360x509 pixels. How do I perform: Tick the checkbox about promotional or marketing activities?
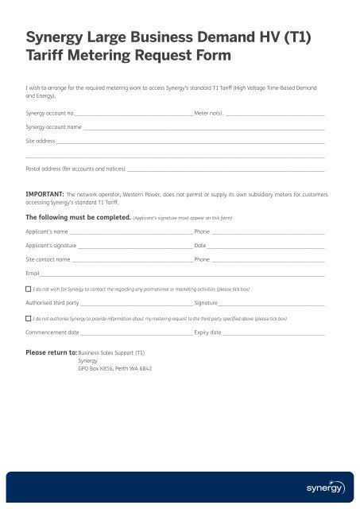pyautogui.click(x=29, y=289)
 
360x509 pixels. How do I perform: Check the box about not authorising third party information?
pyautogui.click(x=29, y=317)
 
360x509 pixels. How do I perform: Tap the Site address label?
pyautogui.click(x=40, y=140)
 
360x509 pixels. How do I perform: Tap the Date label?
pyautogui.click(x=200, y=246)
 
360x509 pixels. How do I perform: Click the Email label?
pyautogui.click(x=33, y=274)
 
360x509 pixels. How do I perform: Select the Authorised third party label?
pyautogui.click(x=52, y=303)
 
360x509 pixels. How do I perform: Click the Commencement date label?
pyautogui.click(x=52, y=332)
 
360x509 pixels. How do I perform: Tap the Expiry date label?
pyautogui.click(x=207, y=332)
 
